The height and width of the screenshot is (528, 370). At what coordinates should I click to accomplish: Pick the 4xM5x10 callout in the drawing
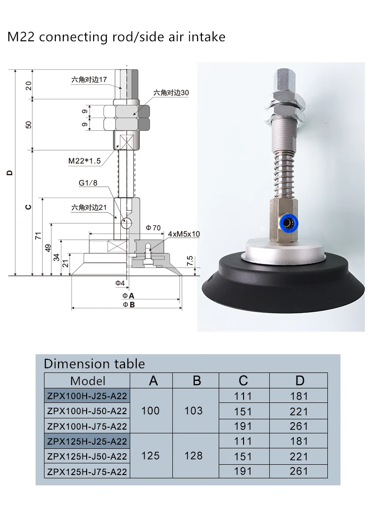tap(184, 233)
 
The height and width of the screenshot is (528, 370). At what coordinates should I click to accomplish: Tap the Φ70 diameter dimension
tap(153, 228)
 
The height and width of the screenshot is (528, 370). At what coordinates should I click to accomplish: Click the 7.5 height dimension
tap(190, 260)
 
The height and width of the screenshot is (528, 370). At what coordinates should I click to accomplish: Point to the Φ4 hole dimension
tap(120, 283)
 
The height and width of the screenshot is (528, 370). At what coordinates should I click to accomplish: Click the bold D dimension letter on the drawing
tap(9, 172)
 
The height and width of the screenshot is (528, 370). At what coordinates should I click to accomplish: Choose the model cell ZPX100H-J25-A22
tap(87, 396)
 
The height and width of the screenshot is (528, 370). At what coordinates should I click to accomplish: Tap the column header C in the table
tap(243, 380)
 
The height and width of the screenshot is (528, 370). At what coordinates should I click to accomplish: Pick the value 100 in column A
tap(150, 411)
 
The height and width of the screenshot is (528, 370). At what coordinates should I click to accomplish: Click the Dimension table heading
tap(94, 364)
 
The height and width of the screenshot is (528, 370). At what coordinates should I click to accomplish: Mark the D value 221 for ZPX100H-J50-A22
tap(299, 411)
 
